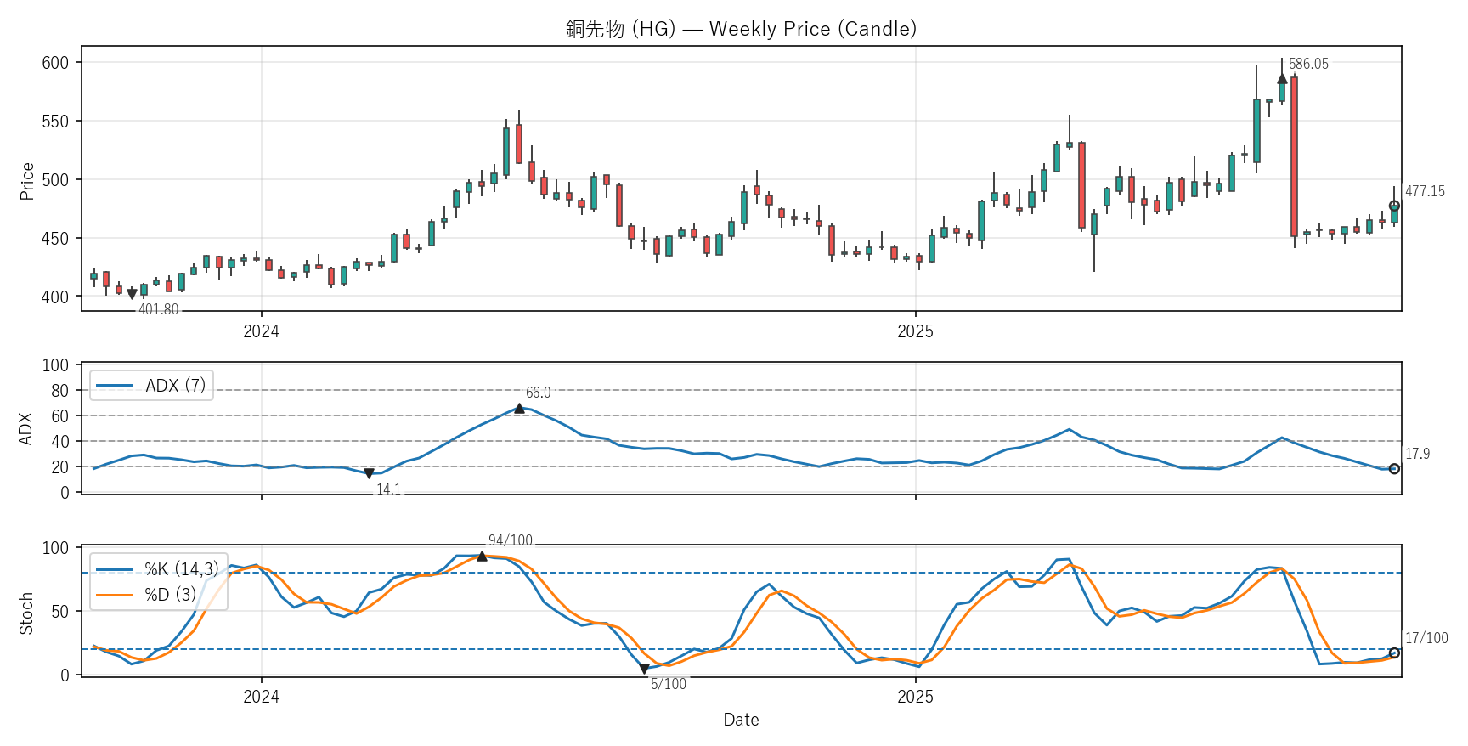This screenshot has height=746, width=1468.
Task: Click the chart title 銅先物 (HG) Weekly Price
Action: (x=741, y=29)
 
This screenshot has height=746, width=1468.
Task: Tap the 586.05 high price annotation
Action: (x=1308, y=64)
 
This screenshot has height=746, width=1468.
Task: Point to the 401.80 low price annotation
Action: (x=159, y=309)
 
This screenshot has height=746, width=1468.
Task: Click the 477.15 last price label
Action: (x=1425, y=191)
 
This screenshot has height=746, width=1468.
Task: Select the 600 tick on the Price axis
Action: (x=55, y=63)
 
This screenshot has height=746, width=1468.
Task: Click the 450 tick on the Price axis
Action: (x=55, y=239)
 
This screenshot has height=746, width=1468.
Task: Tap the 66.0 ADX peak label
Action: (x=538, y=393)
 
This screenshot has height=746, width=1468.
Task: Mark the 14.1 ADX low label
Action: (x=388, y=489)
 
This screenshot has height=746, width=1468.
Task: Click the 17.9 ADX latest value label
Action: (x=1417, y=454)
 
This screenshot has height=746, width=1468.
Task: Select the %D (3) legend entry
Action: (x=170, y=595)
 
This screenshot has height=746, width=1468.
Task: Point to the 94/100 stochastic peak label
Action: (x=510, y=540)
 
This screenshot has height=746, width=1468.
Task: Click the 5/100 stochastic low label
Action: (x=669, y=684)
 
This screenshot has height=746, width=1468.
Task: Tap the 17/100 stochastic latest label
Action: (x=1426, y=638)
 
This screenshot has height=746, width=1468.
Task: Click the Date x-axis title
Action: (x=741, y=720)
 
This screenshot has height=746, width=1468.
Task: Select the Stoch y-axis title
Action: (x=26, y=613)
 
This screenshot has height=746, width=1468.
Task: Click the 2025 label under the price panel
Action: (x=915, y=331)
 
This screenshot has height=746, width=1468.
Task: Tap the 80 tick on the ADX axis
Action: (x=59, y=391)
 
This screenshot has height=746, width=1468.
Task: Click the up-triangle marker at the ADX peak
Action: (x=519, y=409)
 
